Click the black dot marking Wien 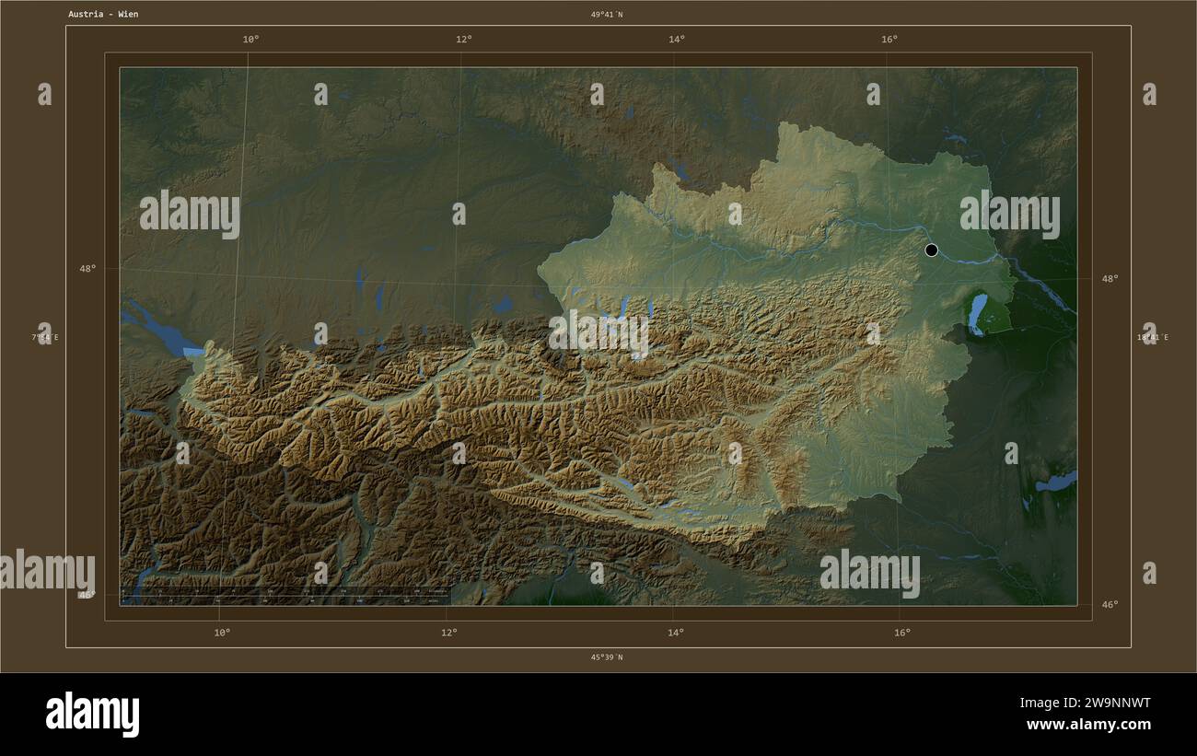point(931,250)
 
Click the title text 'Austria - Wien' point(103,14)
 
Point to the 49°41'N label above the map point(607,14)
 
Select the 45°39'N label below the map point(607,657)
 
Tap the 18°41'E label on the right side point(1153,337)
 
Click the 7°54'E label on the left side point(44,337)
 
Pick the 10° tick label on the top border point(250,39)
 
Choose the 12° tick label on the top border point(463,39)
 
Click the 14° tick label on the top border point(677,39)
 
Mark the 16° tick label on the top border point(889,39)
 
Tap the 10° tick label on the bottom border point(222,632)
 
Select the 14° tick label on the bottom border point(676,632)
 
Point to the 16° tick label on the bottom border point(902,632)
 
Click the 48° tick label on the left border point(87,269)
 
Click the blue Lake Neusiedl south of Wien point(976,313)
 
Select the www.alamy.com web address point(1088,725)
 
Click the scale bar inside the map point(285,594)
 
